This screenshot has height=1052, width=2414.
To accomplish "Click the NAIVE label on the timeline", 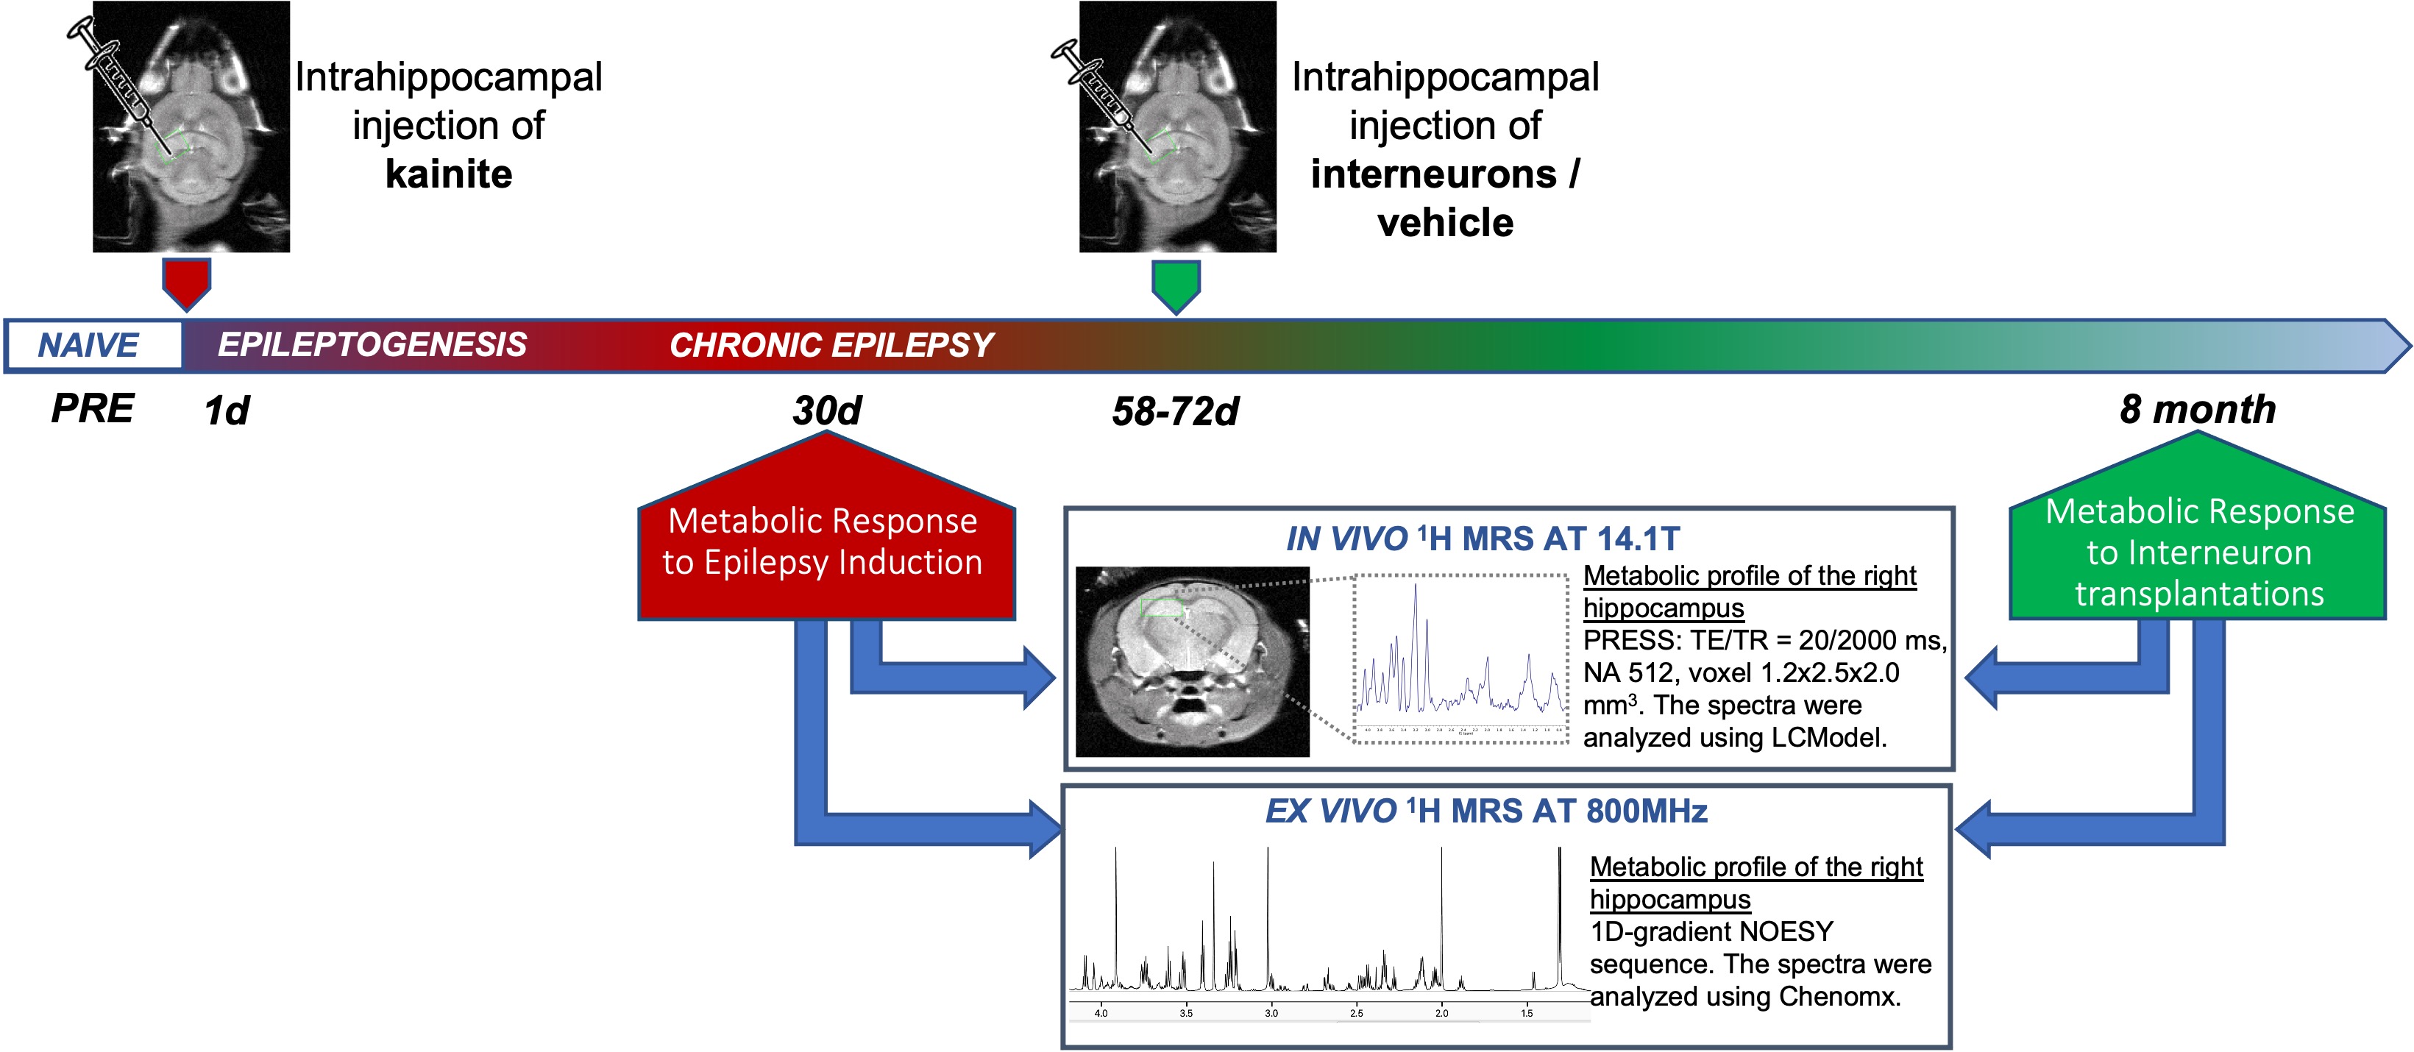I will tap(88, 346).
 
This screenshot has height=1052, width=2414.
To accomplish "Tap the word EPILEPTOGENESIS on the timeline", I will tap(372, 345).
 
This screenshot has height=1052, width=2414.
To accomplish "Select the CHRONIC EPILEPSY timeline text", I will tap(830, 346).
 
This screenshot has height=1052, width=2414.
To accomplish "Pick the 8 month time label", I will tap(2198, 409).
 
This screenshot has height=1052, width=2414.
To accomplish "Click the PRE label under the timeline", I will tap(93, 408).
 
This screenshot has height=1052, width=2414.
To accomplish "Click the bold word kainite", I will tap(449, 174).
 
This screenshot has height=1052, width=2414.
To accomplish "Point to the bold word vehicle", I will tap(1445, 223).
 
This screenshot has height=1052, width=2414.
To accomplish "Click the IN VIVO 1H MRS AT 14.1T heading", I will tap(1483, 539).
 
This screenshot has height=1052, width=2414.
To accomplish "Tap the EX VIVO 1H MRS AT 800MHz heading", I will tap(1486, 810).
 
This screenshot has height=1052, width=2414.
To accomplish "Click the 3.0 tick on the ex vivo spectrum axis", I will tap(1271, 1013).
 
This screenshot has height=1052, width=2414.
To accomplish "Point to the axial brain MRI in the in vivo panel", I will tap(1192, 661).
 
